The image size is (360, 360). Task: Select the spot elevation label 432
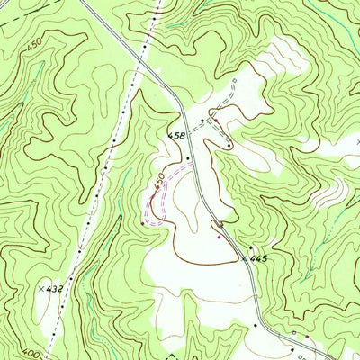55,288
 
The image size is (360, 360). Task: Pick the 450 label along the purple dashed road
159,180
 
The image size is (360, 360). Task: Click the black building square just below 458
187,158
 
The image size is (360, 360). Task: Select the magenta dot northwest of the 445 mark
219,237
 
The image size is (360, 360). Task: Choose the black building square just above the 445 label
250,247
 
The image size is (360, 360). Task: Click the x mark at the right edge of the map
356,141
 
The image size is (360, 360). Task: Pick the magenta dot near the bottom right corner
308,337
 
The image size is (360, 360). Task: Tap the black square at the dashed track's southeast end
230,145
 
